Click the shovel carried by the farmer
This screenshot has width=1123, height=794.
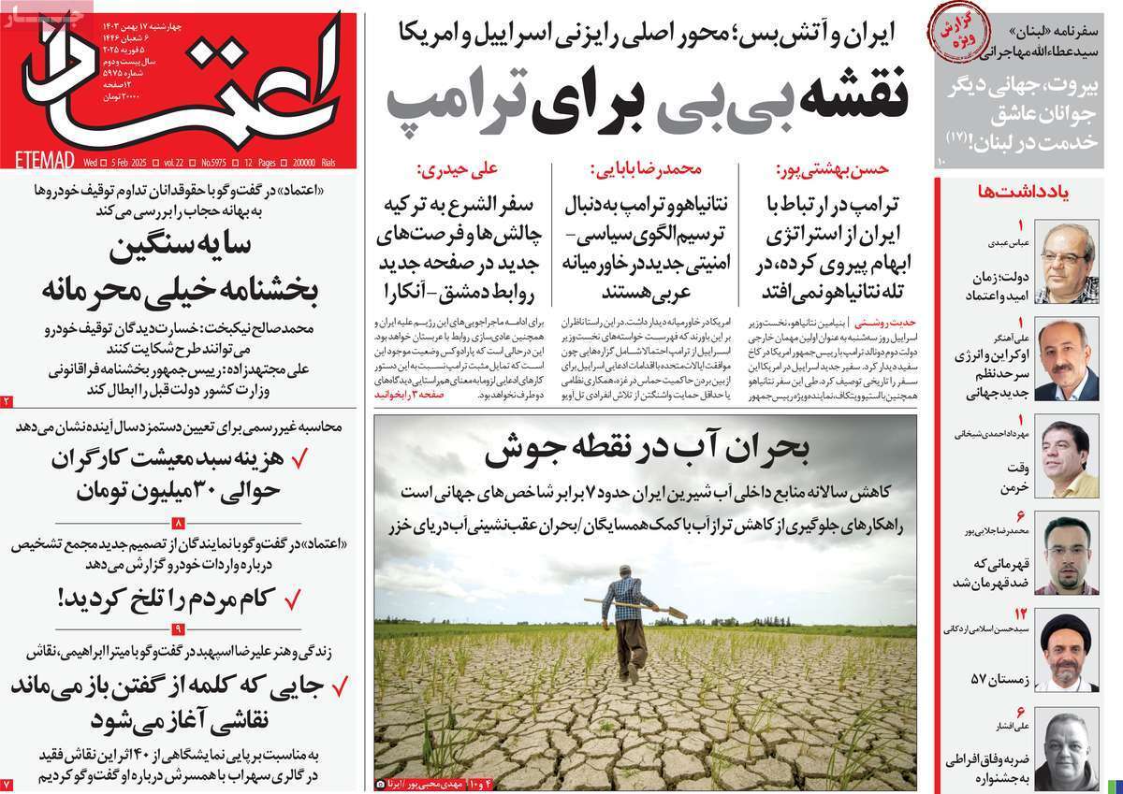pyautogui.click(x=636, y=606)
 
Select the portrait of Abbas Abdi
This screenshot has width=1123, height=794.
pyautogui.click(x=1067, y=261)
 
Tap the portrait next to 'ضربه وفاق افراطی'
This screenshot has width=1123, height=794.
pyautogui.click(x=1067, y=747)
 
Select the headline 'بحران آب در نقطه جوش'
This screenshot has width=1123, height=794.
pyautogui.click(x=645, y=454)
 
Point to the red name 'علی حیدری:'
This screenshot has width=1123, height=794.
pyautogui.click(x=458, y=170)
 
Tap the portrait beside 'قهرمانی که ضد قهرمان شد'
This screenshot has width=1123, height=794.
pyautogui.click(x=1067, y=555)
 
